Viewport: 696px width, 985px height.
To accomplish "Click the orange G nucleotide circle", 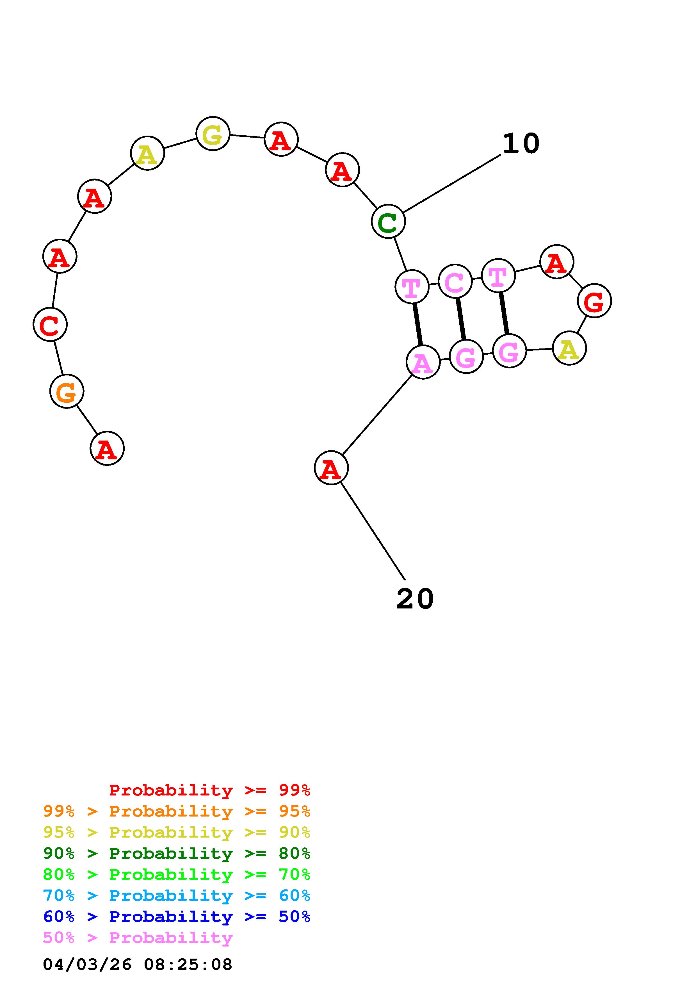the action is pyautogui.click(x=67, y=391).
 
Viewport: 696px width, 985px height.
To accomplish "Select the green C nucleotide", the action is pyautogui.click(x=388, y=221).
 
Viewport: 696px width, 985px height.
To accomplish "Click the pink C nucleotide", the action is pyautogui.click(x=455, y=281).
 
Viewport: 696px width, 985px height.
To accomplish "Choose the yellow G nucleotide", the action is pyautogui.click(x=213, y=133).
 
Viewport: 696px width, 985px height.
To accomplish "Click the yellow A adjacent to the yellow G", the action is pyautogui.click(x=147, y=153).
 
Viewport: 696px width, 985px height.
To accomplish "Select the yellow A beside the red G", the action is pyautogui.click(x=569, y=348).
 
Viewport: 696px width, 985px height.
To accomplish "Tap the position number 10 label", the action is pyautogui.click(x=521, y=143).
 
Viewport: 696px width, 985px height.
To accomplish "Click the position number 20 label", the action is pyautogui.click(x=415, y=598).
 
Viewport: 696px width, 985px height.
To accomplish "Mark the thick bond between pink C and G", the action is pyautogui.click(x=460, y=318).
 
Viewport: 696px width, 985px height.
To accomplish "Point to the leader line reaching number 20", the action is pyautogui.click(x=373, y=532).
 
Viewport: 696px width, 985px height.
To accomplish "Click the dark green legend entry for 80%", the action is pyautogui.click(x=177, y=854).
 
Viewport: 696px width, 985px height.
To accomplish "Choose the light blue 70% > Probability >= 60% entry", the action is pyautogui.click(x=177, y=896).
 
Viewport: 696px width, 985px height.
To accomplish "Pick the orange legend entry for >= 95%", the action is pyautogui.click(x=177, y=811).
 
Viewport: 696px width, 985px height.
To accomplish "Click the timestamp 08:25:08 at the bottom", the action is pyautogui.click(x=188, y=965).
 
